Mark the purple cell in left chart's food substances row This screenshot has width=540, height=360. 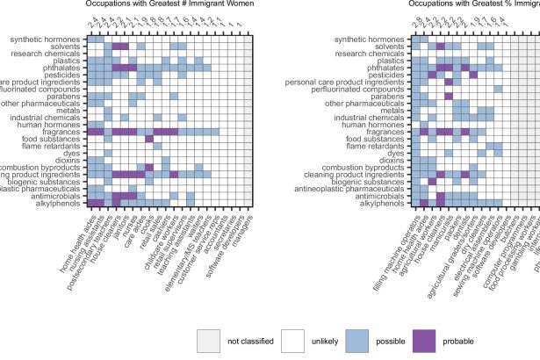pos(148,139)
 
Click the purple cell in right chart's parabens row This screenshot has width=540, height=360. pos(449,97)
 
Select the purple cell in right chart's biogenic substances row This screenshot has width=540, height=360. pos(432,182)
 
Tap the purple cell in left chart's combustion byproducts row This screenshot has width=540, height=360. pos(148,167)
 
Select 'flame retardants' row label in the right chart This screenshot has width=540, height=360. pos(375,146)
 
